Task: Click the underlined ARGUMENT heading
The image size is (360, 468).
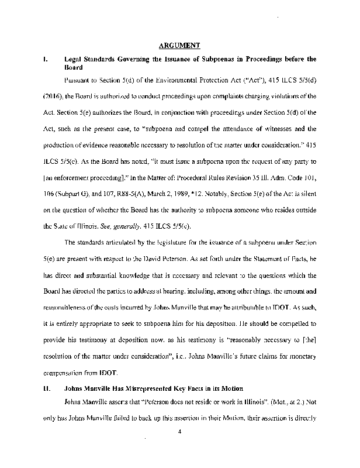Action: click(x=179, y=44)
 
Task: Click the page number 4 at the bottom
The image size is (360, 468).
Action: click(x=180, y=433)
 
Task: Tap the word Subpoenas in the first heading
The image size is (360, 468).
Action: click(x=217, y=59)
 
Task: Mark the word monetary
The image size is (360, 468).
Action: click(x=302, y=356)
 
